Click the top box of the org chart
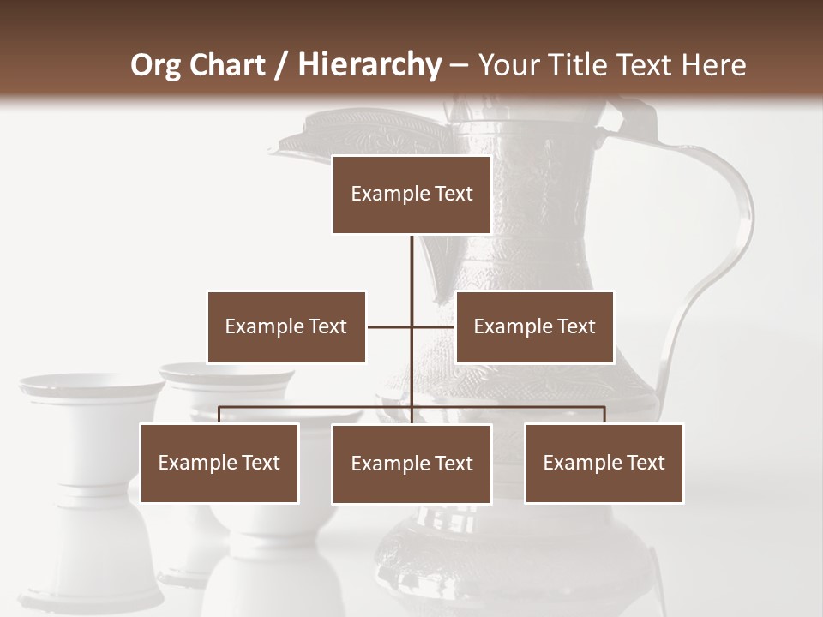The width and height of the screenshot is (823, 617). [411, 195]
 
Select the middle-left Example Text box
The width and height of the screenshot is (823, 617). [286, 326]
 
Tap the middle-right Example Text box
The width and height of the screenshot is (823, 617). [534, 326]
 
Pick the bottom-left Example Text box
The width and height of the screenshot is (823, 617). [219, 463]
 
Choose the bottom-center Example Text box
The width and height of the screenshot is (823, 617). [411, 464]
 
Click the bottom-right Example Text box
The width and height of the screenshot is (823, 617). [604, 463]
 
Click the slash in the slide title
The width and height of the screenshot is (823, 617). [280, 66]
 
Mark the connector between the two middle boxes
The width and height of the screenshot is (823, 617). [390, 326]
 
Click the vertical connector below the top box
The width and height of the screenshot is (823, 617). [411, 266]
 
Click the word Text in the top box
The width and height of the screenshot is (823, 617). [453, 195]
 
